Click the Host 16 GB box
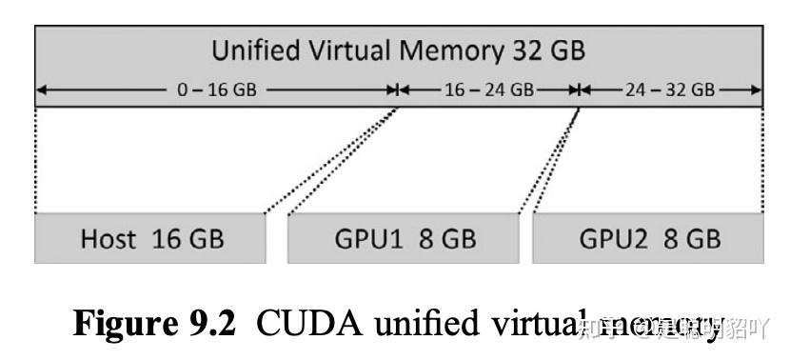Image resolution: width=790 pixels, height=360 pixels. point(149,238)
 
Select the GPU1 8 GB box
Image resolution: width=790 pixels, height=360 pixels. point(403,238)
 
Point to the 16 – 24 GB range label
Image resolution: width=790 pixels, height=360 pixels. point(488,90)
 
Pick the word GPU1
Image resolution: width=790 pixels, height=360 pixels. point(370,238)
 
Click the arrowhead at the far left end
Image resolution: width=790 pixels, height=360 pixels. point(40,90)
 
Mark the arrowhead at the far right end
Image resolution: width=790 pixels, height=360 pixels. point(758,90)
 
